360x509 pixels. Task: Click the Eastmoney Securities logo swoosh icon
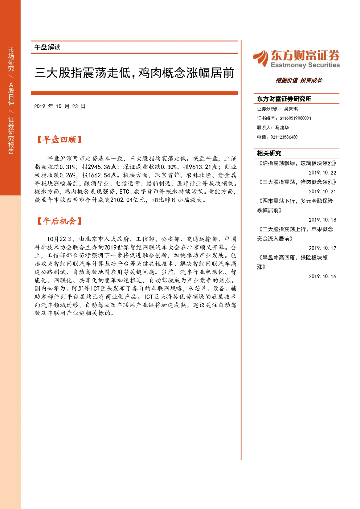261,58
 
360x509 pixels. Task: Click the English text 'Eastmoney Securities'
305,65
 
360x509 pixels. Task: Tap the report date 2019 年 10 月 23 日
60,106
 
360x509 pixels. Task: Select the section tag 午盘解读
48,47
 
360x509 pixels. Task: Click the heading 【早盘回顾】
59,140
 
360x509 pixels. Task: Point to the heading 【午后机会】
59,221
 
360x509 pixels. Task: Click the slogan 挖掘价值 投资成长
299,80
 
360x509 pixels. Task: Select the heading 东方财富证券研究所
284,99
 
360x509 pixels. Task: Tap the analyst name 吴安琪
291,109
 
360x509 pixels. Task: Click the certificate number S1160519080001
295,118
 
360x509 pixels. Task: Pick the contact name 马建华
282,127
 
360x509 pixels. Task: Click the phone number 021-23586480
284,137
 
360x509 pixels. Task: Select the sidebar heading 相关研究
269,153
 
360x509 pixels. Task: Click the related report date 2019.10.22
323,173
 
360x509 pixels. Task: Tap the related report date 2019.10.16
323,276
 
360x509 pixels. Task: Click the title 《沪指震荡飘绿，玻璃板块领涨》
297,163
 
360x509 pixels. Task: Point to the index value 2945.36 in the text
99,167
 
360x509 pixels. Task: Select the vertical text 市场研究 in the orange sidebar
11,59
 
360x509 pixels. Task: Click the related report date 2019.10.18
323,220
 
